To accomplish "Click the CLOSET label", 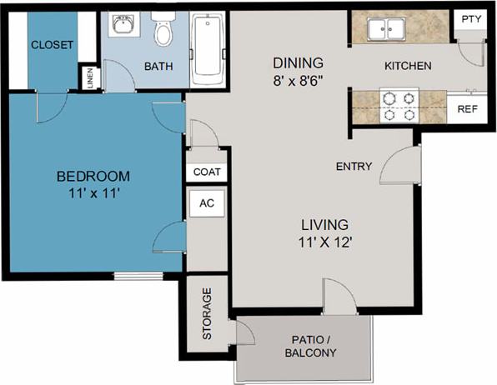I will click(x=52, y=45).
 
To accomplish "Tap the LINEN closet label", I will click(x=90, y=77).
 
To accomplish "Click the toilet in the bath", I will click(x=163, y=31).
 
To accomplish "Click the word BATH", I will click(x=158, y=66).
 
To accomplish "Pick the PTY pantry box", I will click(x=471, y=19).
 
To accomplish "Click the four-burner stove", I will click(x=398, y=104).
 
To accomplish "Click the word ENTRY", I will click(x=354, y=167).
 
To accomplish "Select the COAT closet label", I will click(x=207, y=172).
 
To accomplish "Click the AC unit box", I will click(x=207, y=203).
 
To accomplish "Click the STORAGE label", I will click(x=208, y=314).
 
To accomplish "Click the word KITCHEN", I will click(x=407, y=66).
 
